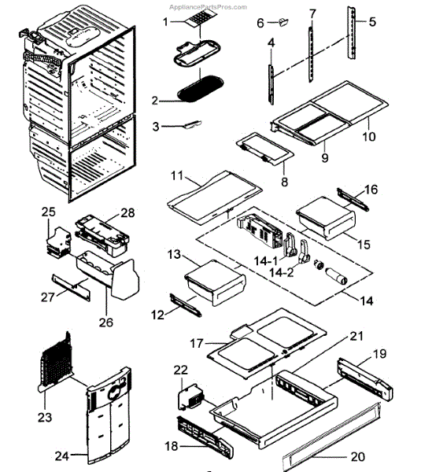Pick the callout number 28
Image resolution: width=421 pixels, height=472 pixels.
[x=128, y=214]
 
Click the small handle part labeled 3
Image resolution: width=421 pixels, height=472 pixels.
[x=187, y=124]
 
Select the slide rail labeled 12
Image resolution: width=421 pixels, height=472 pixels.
[x=190, y=304]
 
